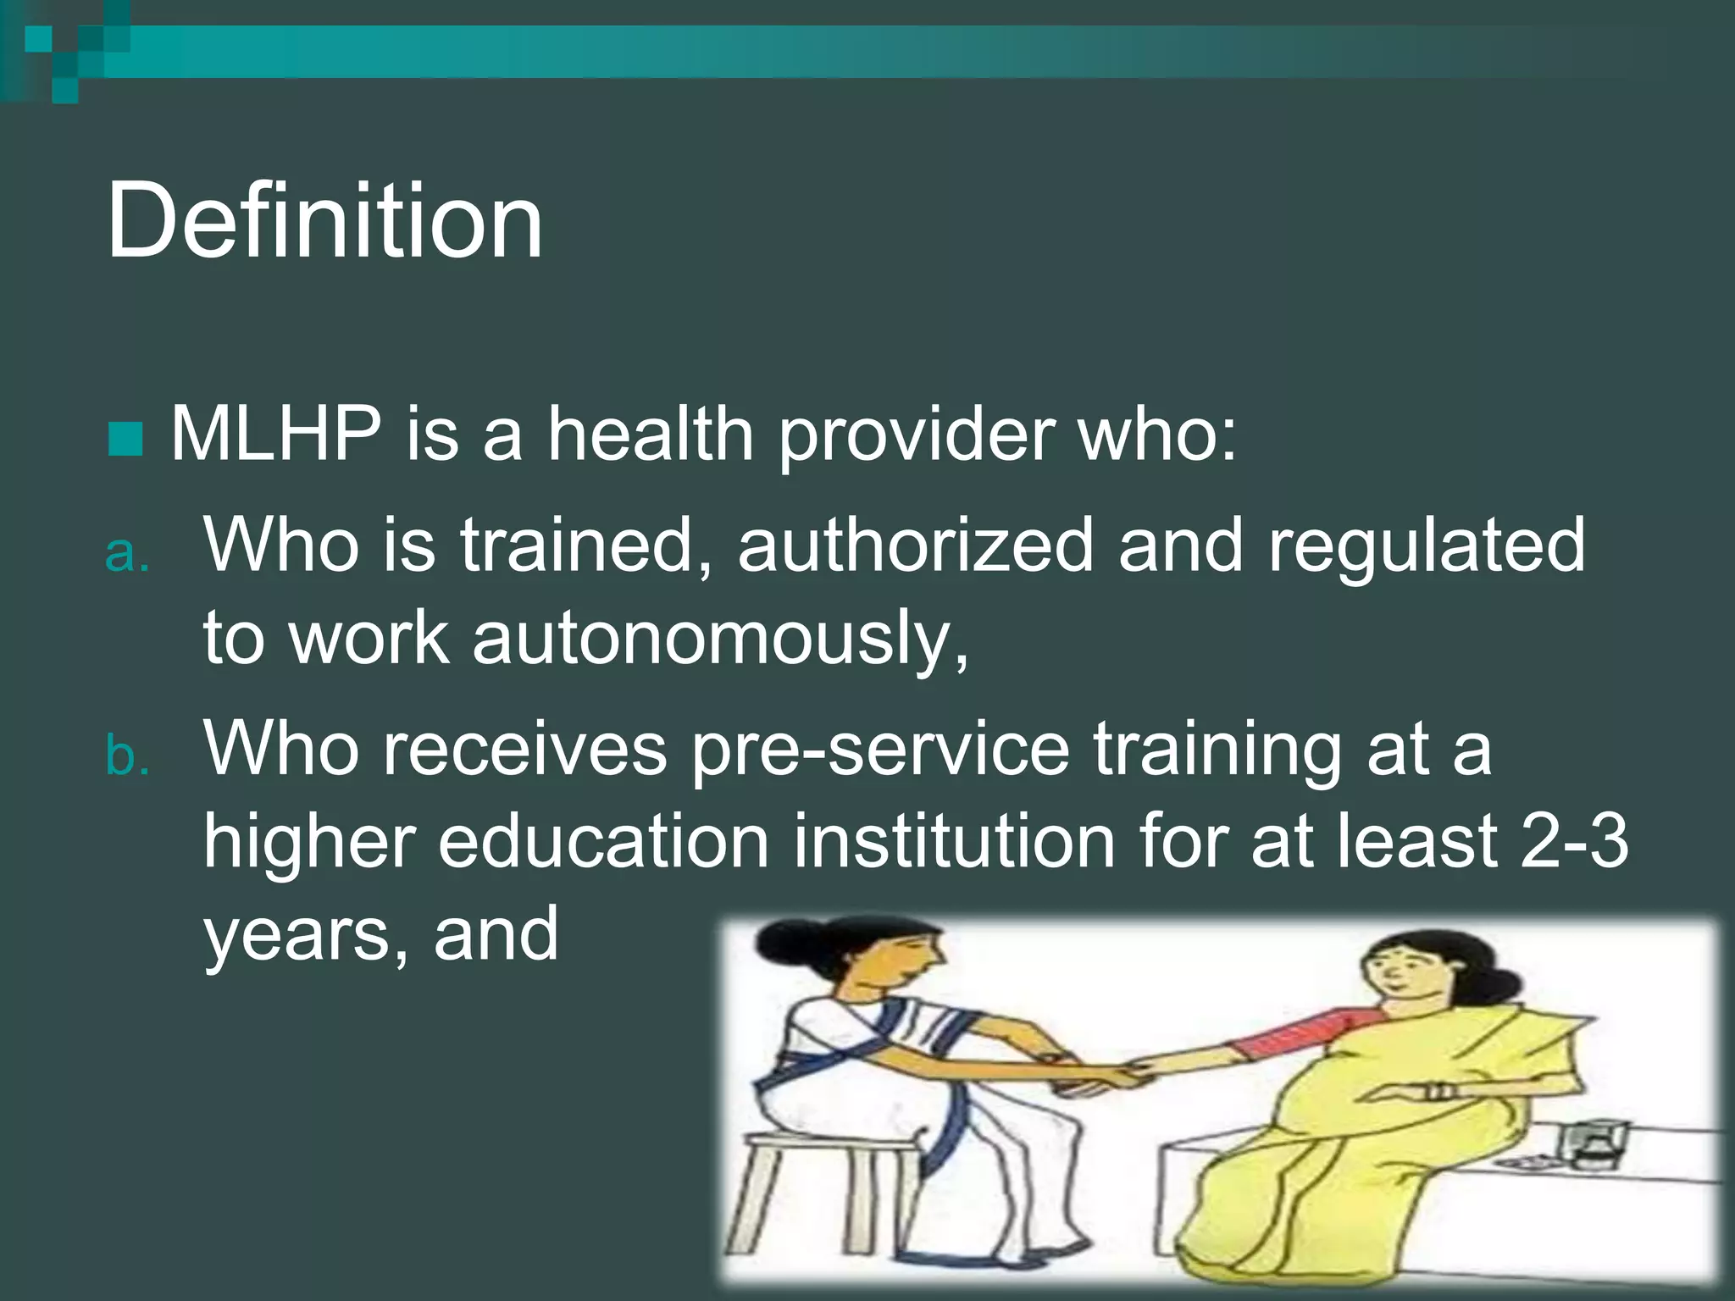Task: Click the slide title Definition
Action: point(324,222)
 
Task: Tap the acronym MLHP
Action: point(276,434)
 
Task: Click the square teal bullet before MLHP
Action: point(125,438)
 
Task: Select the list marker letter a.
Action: point(126,554)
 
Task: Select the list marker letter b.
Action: point(126,756)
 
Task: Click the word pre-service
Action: point(881,750)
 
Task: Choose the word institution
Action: point(954,842)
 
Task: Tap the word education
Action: point(603,842)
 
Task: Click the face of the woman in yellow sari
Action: point(1398,974)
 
